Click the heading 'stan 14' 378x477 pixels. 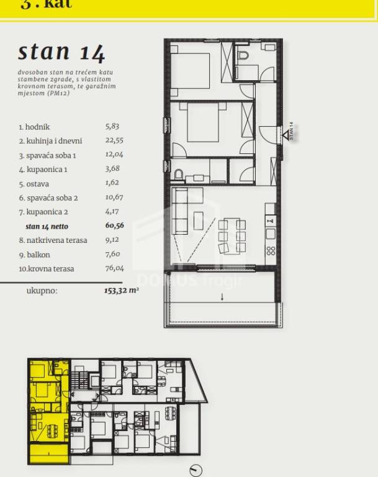[61, 52]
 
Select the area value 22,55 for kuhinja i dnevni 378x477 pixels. [114, 140]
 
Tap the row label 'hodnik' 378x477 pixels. [37, 127]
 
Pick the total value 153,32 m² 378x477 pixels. [122, 291]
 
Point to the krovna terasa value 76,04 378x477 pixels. [115, 268]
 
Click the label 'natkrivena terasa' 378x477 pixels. [57, 240]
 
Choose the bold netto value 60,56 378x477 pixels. [115, 225]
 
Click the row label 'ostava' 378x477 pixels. [38, 184]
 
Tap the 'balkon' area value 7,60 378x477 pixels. [113, 254]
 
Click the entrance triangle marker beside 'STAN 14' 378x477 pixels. [286, 135]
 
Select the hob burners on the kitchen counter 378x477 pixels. [271, 251]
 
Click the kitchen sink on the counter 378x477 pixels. [271, 234]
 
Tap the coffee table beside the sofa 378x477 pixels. [198, 221]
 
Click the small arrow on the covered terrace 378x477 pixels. [222, 297]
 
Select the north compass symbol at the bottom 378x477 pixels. [196, 470]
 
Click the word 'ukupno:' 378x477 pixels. [42, 291]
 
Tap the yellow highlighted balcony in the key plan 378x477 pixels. [49, 454]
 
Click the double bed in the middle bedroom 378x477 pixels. [203, 122]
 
